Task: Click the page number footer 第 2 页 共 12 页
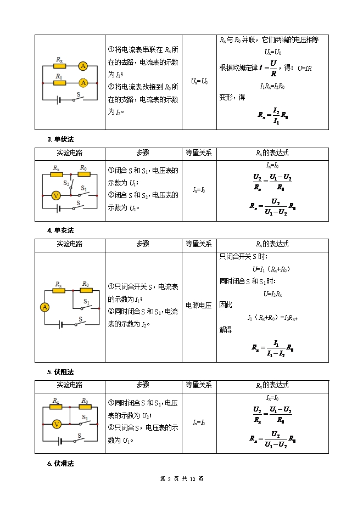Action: click(181, 479)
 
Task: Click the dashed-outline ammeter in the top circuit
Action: click(83, 83)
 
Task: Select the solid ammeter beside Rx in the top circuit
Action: click(83, 66)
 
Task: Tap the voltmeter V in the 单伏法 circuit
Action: click(55, 195)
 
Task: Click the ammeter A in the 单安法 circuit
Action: click(44, 307)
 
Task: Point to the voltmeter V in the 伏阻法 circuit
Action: click(55, 424)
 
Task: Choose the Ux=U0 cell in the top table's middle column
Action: click(199, 81)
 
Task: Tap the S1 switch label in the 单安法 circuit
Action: click(87, 301)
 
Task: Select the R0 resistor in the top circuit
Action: click(59, 83)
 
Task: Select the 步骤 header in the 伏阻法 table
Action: click(143, 385)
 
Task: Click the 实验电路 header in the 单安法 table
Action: click(70, 244)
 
